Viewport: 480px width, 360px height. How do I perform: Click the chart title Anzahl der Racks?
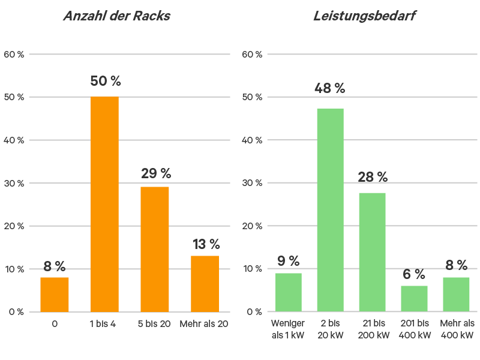click(117, 16)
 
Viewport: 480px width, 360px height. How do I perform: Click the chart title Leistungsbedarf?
click(364, 16)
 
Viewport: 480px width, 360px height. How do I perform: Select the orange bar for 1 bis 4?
click(104, 204)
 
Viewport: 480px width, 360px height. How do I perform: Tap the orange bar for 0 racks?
click(55, 294)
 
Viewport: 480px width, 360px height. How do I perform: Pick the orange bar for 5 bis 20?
click(155, 249)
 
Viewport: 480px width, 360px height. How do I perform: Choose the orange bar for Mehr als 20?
click(205, 283)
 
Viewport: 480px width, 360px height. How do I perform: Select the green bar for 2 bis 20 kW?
click(330, 210)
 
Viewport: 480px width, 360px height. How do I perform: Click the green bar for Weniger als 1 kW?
click(289, 292)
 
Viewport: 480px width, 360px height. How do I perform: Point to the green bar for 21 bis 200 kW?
click(372, 252)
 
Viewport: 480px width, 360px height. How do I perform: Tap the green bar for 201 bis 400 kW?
click(415, 298)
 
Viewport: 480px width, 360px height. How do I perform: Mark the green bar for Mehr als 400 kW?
click(457, 294)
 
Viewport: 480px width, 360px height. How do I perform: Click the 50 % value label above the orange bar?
click(106, 81)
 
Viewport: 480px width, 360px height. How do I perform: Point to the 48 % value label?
click(329, 88)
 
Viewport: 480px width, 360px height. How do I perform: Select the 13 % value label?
click(206, 244)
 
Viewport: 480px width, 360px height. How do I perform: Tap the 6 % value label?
click(413, 274)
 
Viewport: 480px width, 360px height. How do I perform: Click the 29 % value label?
click(156, 174)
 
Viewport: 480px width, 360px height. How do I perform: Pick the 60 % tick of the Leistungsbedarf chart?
click(252, 55)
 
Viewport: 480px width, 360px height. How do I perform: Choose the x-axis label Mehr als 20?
click(204, 324)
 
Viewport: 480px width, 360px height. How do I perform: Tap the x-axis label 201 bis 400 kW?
click(415, 329)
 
